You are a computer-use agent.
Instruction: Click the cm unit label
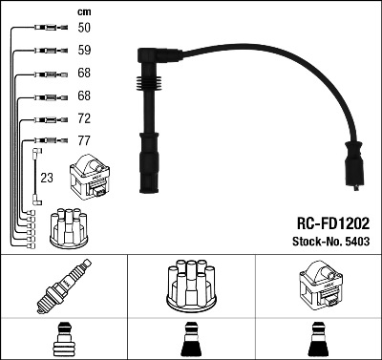coord(84,12)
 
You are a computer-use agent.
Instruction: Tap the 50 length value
coord(84,28)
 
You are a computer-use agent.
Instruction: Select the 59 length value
coord(84,50)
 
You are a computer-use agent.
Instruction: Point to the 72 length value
coord(84,118)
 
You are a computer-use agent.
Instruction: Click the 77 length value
coord(84,140)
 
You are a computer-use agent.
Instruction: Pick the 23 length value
coord(47,178)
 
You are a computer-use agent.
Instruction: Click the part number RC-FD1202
coord(333,223)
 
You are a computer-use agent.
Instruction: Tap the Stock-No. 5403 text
coord(331,242)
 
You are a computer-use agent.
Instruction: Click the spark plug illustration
coord(64,286)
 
